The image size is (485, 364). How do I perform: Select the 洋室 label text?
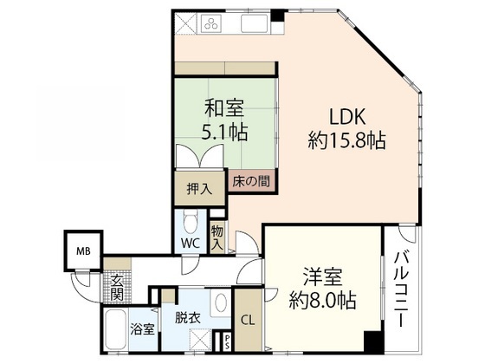coord(320,279)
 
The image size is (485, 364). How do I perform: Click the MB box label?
coord(82,251)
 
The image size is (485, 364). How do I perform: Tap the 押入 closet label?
coord(197,188)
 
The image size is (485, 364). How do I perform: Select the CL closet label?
coord(247,318)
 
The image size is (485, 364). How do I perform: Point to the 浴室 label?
coord(143,329)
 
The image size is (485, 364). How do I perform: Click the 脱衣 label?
coord(188,318)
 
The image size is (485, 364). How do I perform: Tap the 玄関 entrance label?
coord(117,286)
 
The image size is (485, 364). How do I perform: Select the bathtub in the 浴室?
coord(116,331)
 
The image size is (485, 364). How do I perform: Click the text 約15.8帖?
coord(346,139)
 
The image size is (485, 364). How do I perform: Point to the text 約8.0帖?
coord(321,302)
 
